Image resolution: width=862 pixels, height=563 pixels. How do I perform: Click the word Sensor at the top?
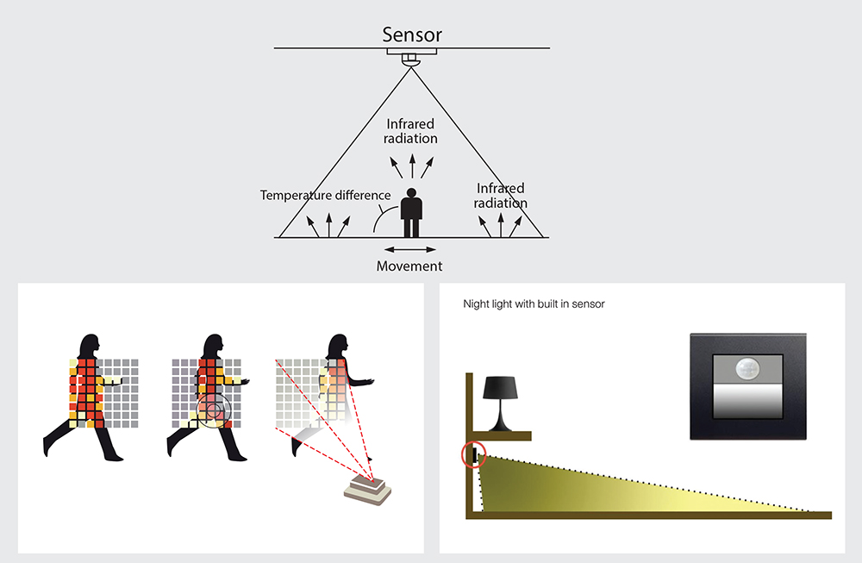[412, 35]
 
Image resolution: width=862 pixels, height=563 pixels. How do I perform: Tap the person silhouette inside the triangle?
[412, 212]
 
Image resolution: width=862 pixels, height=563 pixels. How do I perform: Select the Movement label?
[409, 266]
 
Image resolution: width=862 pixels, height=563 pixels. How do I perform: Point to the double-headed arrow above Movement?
[409, 250]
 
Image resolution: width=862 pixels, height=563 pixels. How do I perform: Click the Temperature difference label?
[325, 196]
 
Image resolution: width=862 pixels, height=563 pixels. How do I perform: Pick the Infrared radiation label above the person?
[411, 132]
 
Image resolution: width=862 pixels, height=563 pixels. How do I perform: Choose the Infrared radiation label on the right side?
[501, 196]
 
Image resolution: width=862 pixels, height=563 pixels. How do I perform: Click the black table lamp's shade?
[501, 388]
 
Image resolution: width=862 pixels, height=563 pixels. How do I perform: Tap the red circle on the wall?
[473, 454]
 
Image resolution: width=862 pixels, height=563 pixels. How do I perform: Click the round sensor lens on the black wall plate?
[746, 369]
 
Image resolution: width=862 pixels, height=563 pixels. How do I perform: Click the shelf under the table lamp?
[499, 434]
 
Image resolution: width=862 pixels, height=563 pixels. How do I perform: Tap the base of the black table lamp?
[501, 426]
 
